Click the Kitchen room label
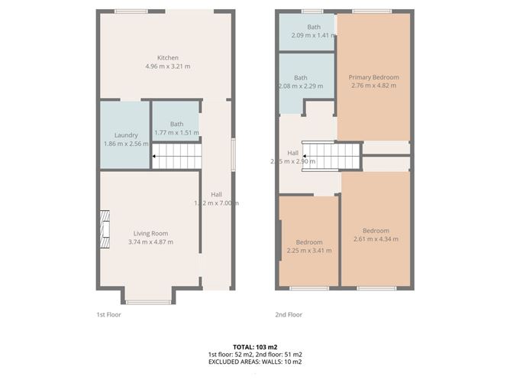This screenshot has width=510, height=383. pyautogui.click(x=168, y=58)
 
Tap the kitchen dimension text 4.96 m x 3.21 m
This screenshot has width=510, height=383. pyautogui.click(x=168, y=67)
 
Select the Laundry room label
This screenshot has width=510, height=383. pyautogui.click(x=126, y=135)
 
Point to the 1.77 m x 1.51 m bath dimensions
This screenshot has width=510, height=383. pyautogui.click(x=176, y=133)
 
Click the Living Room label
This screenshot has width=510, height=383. pyautogui.click(x=150, y=233)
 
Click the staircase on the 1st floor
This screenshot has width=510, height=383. pyautogui.click(x=177, y=157)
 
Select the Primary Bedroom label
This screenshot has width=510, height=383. pyautogui.click(x=374, y=77)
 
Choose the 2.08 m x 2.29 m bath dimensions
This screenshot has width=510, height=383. pyautogui.click(x=302, y=86)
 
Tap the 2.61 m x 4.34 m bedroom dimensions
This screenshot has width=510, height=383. pyautogui.click(x=376, y=239)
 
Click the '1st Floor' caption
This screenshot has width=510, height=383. pyautogui.click(x=109, y=314)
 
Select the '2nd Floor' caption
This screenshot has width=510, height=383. pyautogui.click(x=289, y=314)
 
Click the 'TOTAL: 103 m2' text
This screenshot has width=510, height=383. pyautogui.click(x=255, y=347)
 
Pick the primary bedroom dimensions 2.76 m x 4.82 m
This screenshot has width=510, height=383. pyautogui.click(x=374, y=86)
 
